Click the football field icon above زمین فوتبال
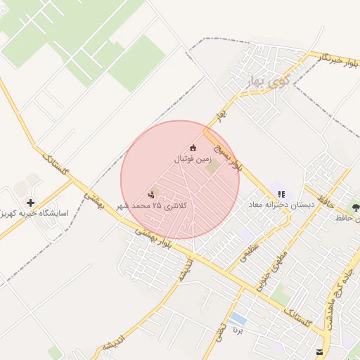(x=193, y=148)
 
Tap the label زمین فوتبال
(x=193, y=160)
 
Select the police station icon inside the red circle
(x=151, y=195)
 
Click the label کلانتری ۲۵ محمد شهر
(x=161, y=206)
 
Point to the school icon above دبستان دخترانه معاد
(x=281, y=195)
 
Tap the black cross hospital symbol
(x=30, y=202)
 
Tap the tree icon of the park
(x=356, y=208)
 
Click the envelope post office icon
(x=321, y=352)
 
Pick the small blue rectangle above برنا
(x=238, y=319)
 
